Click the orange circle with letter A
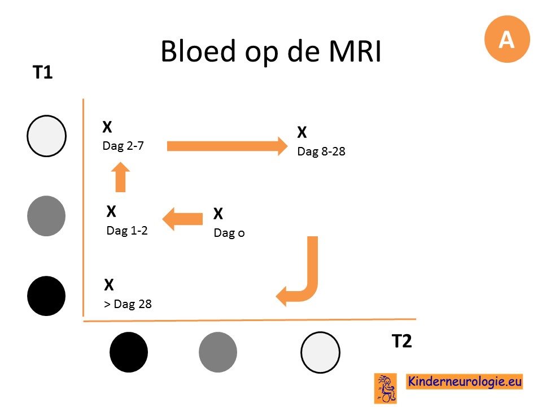tap(507, 39)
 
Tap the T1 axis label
tap(42, 72)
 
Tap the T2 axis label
tap(401, 341)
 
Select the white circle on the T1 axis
tap(47, 136)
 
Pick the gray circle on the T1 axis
tap(46, 216)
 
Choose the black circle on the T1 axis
tap(46, 296)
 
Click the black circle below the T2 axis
tap(129, 352)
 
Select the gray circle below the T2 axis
tap(218, 352)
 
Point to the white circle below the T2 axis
tap(321, 352)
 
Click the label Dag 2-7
tap(123, 146)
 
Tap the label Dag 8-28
tap(321, 151)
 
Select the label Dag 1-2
tap(127, 230)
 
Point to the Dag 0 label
tap(229, 233)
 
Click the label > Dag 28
tap(128, 304)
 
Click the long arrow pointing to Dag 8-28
tap(227, 146)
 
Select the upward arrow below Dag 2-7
tap(120, 177)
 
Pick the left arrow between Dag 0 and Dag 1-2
tap(182, 219)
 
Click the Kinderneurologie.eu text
tap(465, 382)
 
